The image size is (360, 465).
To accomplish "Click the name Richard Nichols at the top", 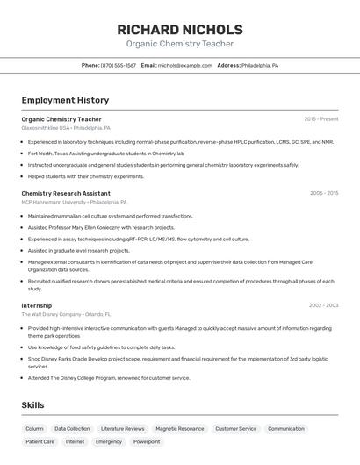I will [180, 29].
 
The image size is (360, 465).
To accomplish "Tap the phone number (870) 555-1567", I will [118, 65].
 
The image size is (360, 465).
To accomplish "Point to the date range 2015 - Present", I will [320, 118].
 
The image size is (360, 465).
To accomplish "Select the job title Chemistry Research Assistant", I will [66, 193].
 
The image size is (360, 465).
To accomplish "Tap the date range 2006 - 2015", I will [323, 193].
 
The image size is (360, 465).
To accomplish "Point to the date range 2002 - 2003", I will [323, 305].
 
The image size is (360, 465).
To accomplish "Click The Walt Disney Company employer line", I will [66, 314].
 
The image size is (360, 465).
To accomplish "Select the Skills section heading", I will [32, 404].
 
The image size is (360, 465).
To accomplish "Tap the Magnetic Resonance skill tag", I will [179, 429].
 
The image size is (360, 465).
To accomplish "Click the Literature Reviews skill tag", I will [123, 429].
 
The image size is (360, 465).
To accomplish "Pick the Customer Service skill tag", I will [235, 429].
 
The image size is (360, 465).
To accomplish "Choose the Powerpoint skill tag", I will [147, 442].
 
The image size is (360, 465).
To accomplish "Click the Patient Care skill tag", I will [40, 442].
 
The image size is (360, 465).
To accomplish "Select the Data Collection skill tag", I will [72, 429].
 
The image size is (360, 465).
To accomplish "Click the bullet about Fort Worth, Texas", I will [105, 153].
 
